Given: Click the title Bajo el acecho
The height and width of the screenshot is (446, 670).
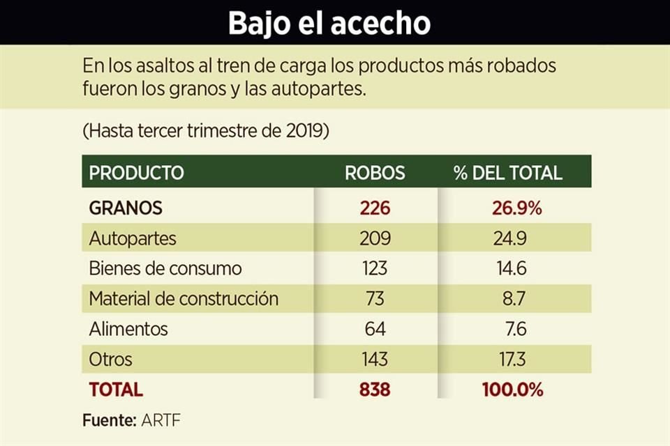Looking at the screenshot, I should (329, 23).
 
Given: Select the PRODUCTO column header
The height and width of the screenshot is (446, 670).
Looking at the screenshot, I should (136, 173).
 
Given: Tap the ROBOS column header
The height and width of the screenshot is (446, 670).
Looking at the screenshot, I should (375, 173).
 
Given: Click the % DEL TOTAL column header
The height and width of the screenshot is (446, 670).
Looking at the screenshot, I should (507, 173).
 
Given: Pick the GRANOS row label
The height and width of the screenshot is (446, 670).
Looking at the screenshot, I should (126, 208).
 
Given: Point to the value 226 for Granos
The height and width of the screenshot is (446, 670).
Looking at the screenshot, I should (375, 208).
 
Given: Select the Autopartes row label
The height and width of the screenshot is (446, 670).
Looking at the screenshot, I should (133, 238).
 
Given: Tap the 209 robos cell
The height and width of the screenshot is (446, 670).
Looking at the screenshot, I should (375, 238).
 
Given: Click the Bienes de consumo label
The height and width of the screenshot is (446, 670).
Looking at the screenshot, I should (165, 268).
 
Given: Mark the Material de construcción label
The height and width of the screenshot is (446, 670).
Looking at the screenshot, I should (184, 299).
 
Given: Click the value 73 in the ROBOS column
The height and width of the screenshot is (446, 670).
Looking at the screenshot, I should (375, 299).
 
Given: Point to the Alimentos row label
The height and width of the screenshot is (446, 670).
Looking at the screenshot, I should (128, 329).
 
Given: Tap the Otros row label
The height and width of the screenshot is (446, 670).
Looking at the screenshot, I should (110, 360).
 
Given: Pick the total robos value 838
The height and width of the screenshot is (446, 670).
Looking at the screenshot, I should (375, 390).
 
